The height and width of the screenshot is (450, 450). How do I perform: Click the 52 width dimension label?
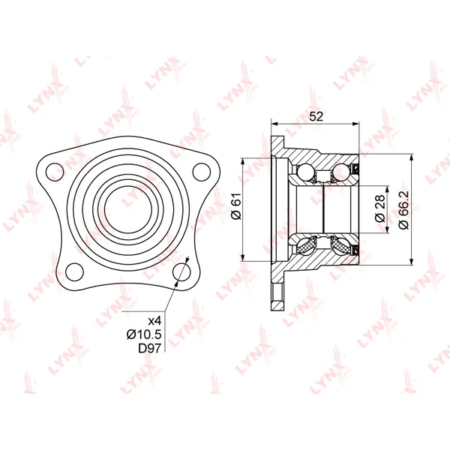coord(316,116)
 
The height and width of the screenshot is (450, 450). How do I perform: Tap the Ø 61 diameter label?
coord(237,206)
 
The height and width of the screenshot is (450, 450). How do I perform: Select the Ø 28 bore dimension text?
coord(380,208)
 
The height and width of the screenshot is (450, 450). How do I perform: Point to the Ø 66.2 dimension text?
coord(403,210)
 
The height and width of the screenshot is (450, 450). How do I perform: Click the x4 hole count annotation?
coord(155,319)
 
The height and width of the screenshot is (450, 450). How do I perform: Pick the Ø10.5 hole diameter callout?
coord(144,334)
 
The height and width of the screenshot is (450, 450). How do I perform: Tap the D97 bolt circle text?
coord(150,348)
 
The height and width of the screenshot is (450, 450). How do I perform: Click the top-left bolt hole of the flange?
coord(55,172)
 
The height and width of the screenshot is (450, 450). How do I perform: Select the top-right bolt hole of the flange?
coord(202,172)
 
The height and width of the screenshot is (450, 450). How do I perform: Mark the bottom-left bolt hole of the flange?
coord(74,271)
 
